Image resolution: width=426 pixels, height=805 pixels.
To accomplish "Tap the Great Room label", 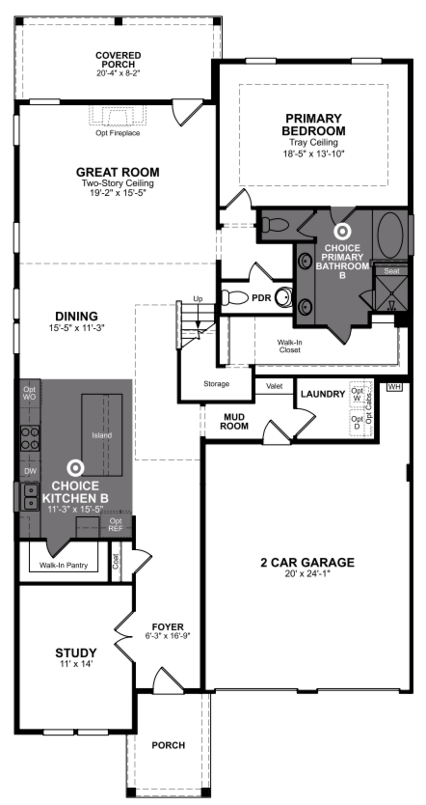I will click(x=118, y=172).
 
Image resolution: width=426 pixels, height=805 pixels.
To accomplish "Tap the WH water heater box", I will click(x=394, y=387).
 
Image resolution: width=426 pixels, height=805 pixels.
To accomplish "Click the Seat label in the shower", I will click(x=391, y=271).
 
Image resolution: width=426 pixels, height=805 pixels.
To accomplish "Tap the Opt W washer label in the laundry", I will click(x=357, y=394).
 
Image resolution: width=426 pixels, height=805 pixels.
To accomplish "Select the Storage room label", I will click(x=216, y=384).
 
